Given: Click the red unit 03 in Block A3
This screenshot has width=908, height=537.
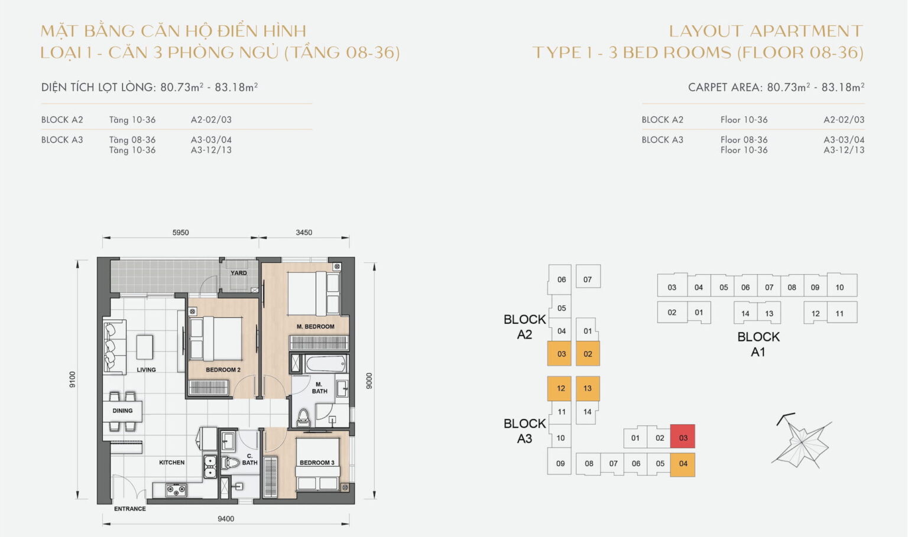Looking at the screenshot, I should pyautogui.click(x=683, y=437).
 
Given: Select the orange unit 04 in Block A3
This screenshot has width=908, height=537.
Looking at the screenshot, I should pyautogui.click(x=683, y=464).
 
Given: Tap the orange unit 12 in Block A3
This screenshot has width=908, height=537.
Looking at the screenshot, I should pyautogui.click(x=560, y=388).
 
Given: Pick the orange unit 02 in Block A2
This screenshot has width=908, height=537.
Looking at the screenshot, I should pyautogui.click(x=588, y=354).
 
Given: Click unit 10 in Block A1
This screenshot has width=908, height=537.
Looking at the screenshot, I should pyautogui.click(x=839, y=287).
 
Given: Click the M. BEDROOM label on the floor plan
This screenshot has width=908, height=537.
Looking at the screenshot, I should pyautogui.click(x=315, y=326).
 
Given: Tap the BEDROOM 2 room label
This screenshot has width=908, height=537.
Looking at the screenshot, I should pyautogui.click(x=223, y=370).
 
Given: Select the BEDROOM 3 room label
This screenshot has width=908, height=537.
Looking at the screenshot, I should pyautogui.click(x=317, y=463).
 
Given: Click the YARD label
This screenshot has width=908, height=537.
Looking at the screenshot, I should pyautogui.click(x=239, y=273).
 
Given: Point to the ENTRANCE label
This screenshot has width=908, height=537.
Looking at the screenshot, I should pyautogui.click(x=130, y=509).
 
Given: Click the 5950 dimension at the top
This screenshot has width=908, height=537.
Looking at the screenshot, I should pyautogui.click(x=180, y=233).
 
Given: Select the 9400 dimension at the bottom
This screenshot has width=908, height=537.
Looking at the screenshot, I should pyautogui.click(x=226, y=519).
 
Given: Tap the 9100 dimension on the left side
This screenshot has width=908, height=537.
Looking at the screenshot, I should pyautogui.click(x=73, y=379).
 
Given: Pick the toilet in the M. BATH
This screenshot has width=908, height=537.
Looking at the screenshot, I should pyautogui.click(x=303, y=417).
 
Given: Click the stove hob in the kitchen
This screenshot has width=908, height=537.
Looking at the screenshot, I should pyautogui.click(x=176, y=490).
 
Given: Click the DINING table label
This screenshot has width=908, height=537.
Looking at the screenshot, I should pyautogui.click(x=122, y=411).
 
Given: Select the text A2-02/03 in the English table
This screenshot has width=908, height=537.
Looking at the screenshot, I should pyautogui.click(x=844, y=119).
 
